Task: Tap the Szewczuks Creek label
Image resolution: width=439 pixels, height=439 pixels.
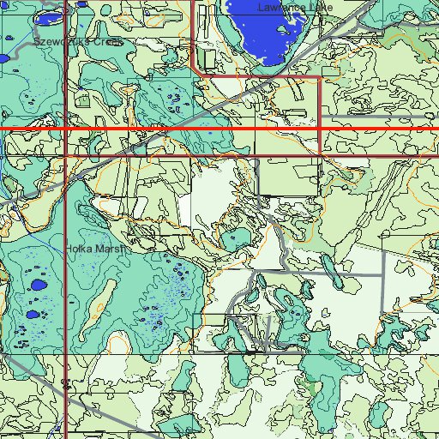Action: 78,41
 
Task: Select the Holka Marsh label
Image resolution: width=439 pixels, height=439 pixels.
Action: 95,250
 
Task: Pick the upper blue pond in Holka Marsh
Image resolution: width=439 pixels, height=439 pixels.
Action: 38,284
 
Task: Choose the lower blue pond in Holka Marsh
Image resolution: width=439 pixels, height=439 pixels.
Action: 33,314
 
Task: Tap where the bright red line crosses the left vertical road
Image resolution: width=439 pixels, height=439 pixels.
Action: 66,129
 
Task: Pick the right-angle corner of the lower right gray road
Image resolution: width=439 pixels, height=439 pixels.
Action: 381,275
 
